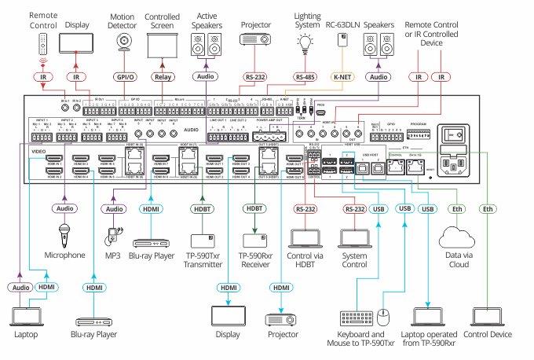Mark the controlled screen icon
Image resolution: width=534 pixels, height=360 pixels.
tap(163, 46)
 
